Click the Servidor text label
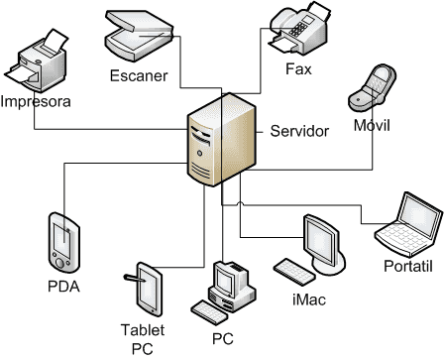(x=299, y=131)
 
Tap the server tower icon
(x=222, y=140)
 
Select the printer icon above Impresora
(x=36, y=60)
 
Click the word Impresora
(x=36, y=101)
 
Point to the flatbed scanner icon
(x=140, y=36)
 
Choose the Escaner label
(x=139, y=75)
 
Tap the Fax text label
(x=298, y=69)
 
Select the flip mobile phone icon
(x=373, y=87)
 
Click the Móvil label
(x=372, y=125)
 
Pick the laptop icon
(x=409, y=224)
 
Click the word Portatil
(x=408, y=266)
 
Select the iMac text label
(x=309, y=300)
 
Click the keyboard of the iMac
(x=294, y=272)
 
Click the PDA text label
(x=63, y=287)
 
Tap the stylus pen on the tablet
(x=134, y=278)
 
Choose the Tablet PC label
(x=143, y=339)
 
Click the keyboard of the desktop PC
(x=209, y=312)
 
